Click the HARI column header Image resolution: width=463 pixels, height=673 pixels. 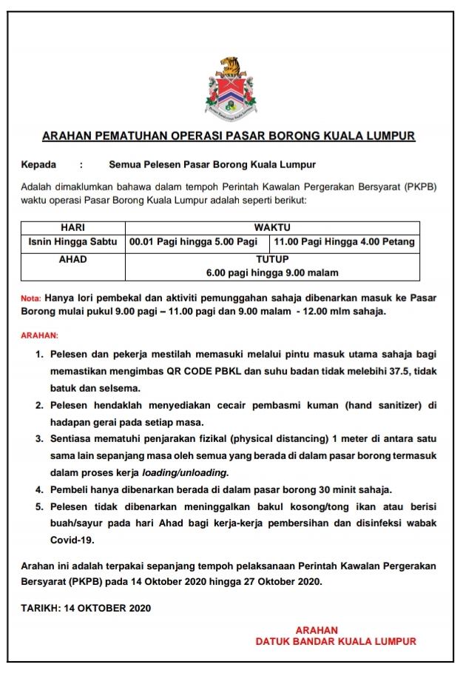(72, 227)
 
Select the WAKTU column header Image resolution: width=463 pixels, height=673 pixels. (272, 227)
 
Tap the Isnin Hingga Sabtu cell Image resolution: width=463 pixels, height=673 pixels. (72, 242)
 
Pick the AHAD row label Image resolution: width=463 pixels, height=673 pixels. (72, 260)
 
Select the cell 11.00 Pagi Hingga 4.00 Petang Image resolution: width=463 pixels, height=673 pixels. (345, 242)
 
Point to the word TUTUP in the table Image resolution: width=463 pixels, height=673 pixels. (272, 260)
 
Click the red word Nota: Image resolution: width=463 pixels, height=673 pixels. (31, 299)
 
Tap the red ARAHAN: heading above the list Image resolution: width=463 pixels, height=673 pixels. (39, 335)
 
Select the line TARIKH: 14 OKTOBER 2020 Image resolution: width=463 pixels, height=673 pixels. (86, 609)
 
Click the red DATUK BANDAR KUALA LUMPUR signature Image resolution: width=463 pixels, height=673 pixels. (336, 642)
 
